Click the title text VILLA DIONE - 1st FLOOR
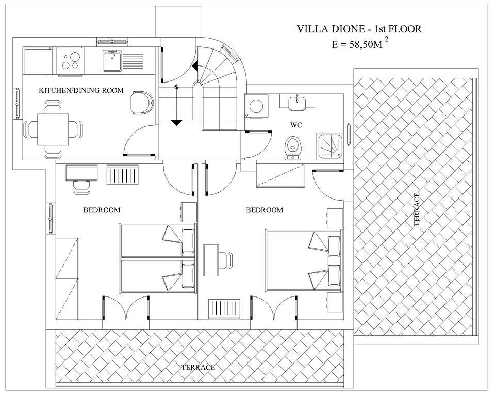359,29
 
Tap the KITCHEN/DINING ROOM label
81,90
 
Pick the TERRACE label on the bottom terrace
197,367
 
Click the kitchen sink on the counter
111,61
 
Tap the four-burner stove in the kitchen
70,61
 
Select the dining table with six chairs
52,129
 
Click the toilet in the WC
293,146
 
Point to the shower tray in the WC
330,144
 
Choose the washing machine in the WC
255,107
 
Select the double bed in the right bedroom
303,260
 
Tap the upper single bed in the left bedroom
158,239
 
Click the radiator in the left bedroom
123,175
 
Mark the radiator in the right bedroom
225,309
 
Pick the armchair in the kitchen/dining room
141,103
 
